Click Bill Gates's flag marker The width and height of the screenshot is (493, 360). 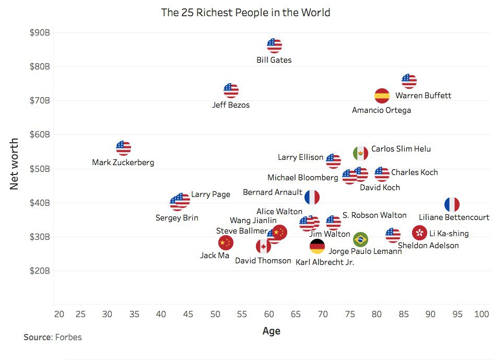(274, 45)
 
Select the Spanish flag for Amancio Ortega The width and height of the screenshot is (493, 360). (382, 96)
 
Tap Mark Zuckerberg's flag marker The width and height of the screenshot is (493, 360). (123, 148)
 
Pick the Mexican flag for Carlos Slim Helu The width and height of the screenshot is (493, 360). (360, 153)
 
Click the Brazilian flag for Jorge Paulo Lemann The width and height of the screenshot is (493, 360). (360, 239)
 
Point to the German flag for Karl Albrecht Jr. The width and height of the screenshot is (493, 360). (317, 247)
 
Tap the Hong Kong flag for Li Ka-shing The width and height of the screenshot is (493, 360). (420, 233)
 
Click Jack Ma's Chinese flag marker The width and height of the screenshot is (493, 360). (226, 242)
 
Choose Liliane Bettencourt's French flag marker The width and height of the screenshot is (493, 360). (452, 205)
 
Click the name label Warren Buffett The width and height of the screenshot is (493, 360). (423, 96)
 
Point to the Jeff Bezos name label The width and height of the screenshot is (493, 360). (231, 105)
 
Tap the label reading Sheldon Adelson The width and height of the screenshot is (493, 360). (428, 246)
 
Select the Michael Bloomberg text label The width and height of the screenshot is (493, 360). (303, 178)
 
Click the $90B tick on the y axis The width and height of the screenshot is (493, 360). (40, 32)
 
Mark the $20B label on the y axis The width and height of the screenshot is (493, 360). (40, 271)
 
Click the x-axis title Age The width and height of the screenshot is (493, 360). (271, 331)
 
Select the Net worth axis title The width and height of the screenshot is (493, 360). (14, 164)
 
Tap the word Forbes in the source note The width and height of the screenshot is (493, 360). (68, 337)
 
